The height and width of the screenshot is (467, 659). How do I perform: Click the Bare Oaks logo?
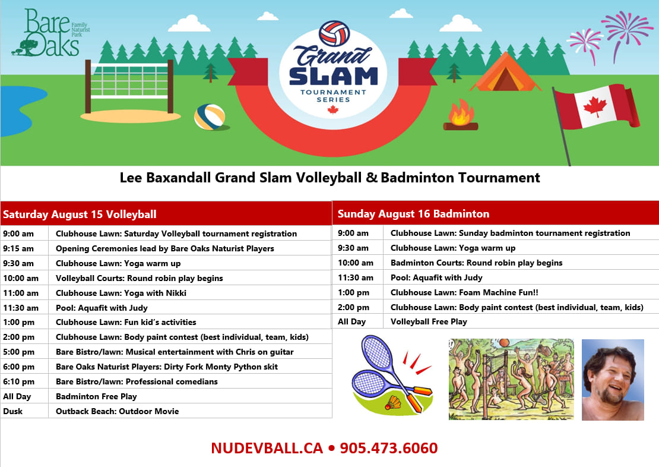click(x=51, y=33)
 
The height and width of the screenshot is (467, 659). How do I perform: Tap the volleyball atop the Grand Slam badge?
click(x=334, y=33)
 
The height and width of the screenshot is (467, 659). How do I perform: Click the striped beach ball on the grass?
click(x=210, y=116)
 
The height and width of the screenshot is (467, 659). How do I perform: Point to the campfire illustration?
click(x=461, y=115)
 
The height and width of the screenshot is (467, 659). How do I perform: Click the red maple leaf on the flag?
click(x=595, y=106)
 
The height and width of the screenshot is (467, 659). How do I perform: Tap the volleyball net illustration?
click(x=129, y=86)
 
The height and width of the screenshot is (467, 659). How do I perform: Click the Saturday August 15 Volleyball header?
click(x=80, y=214)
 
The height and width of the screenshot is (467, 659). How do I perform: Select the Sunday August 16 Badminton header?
click(x=414, y=214)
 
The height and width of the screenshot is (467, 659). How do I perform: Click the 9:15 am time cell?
click(x=18, y=248)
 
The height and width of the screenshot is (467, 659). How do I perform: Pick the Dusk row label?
click(x=13, y=411)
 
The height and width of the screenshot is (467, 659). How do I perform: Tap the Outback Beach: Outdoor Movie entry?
click(x=118, y=411)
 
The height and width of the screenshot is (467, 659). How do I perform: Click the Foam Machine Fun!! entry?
click(x=464, y=292)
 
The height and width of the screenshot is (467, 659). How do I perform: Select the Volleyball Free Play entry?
click(x=429, y=321)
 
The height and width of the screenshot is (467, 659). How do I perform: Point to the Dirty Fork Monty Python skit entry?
click(x=167, y=367)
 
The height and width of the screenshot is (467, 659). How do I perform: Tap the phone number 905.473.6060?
click(x=389, y=448)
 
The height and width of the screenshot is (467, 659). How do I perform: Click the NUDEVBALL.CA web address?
click(x=267, y=448)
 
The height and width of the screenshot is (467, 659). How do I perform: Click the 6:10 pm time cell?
click(x=19, y=381)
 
